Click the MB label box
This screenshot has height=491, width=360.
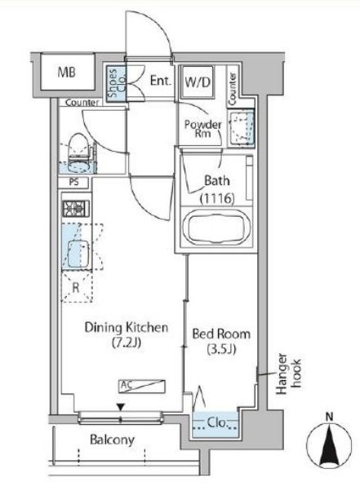pos(67,72)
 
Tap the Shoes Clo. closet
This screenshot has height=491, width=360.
pos(115,84)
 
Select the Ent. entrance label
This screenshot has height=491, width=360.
pos(161,81)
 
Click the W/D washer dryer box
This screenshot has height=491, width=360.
pos(198,82)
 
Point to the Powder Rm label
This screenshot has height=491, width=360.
pos(202,128)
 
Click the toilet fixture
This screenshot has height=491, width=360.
pos(77,153)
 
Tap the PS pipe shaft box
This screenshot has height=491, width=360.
pos(74,182)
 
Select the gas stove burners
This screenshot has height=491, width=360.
pos(76,208)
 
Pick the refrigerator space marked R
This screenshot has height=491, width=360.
pos(76,287)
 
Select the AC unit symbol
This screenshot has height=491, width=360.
pos(141,386)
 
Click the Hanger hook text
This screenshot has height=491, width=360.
pos(288,374)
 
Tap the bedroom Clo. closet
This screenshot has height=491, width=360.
pos(216,425)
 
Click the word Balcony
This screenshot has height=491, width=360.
pos(112,440)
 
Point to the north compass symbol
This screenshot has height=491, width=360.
pos(329,446)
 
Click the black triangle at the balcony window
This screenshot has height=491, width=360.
pos(121,407)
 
